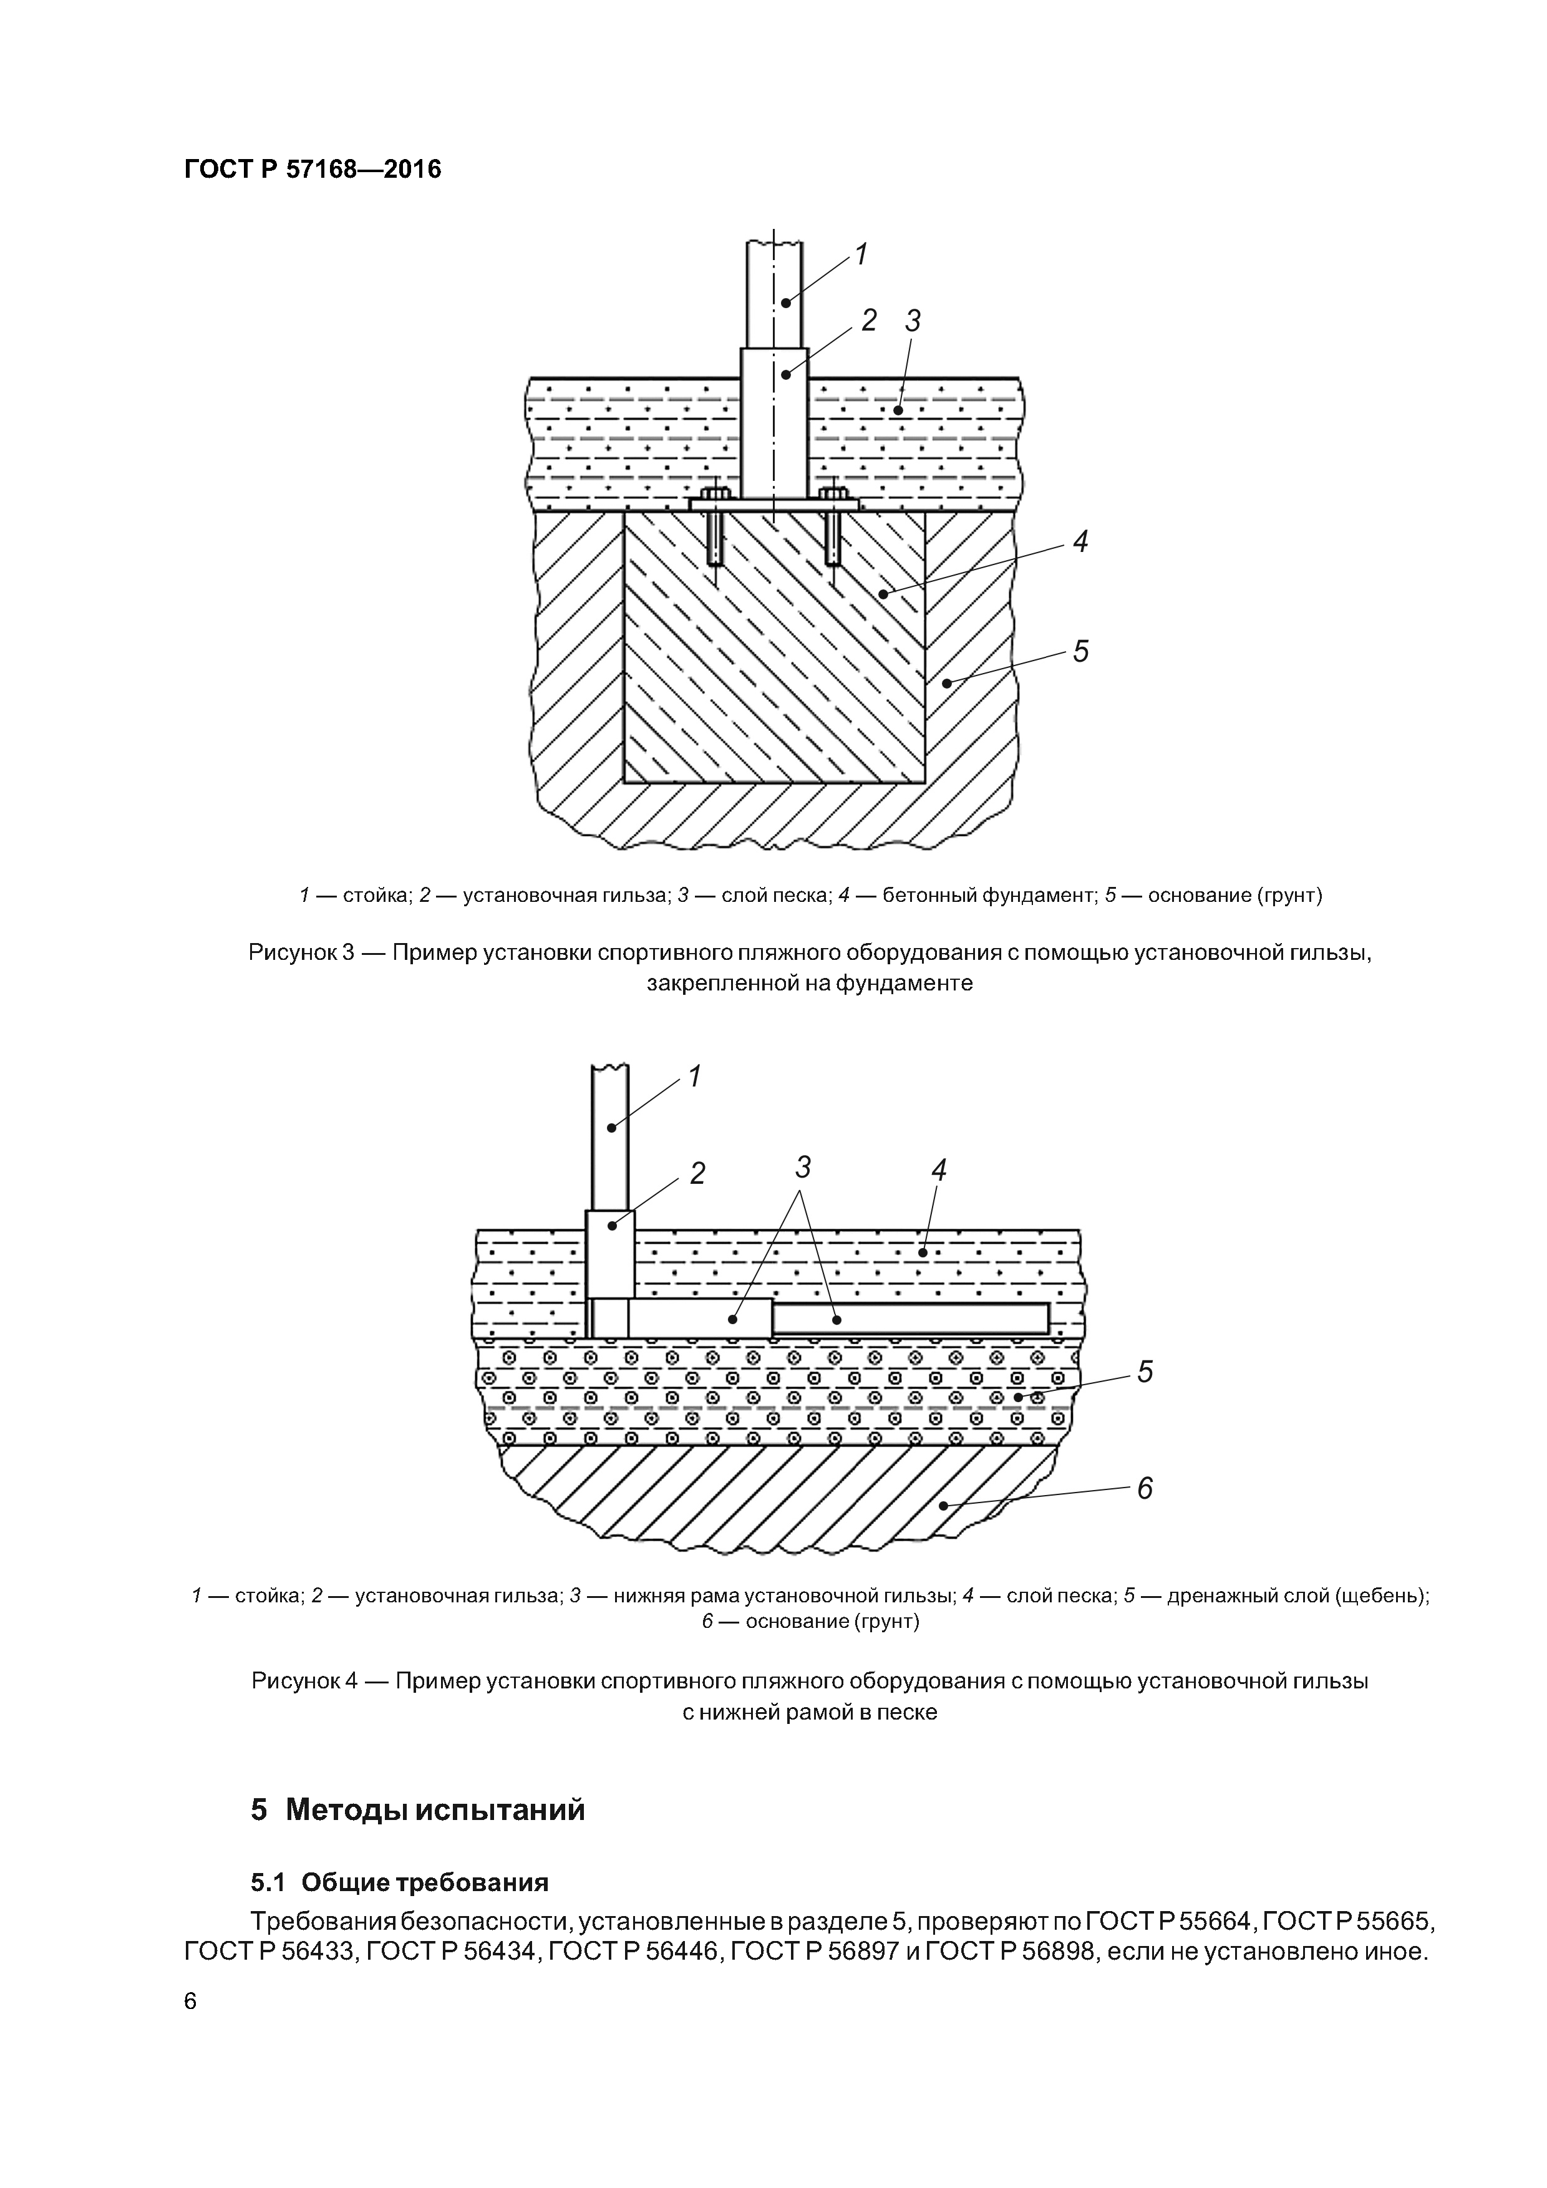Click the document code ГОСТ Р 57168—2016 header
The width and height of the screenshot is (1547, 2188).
[313, 170]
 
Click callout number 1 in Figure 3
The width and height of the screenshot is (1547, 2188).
[861, 254]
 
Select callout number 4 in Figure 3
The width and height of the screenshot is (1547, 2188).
[1080, 542]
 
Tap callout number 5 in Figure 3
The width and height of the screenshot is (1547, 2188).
[1080, 652]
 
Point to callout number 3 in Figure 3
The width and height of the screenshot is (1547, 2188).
[913, 322]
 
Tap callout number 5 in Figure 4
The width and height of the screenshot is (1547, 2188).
[1145, 1372]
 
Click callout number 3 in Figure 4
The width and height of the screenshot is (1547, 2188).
[803, 1166]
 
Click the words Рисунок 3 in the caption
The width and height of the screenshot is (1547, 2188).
[301, 952]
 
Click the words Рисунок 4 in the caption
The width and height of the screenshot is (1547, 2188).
[304, 1681]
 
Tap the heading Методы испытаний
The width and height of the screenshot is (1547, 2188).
[435, 1809]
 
